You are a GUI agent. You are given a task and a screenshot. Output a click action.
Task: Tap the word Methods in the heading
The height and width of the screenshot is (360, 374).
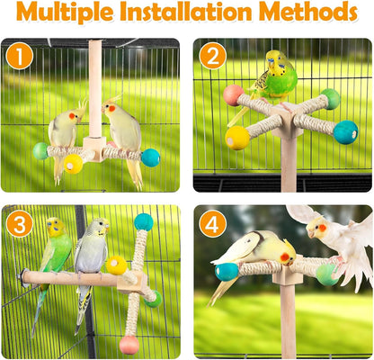click(308, 14)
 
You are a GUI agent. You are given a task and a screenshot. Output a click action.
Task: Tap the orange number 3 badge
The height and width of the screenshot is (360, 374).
click(21, 222)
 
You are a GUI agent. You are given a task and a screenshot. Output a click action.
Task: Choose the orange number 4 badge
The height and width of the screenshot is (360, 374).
click(213, 222)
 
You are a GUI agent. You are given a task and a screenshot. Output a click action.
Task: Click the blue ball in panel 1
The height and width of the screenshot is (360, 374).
click(150, 157)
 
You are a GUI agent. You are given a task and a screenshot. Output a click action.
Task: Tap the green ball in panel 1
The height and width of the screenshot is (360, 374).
click(40, 151)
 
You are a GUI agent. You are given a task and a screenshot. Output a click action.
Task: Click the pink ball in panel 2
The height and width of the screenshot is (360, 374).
click(234, 95)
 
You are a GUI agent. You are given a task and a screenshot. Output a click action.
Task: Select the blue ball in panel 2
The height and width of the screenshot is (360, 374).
click(345, 132)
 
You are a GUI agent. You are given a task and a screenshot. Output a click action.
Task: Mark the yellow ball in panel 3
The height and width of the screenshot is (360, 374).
click(117, 265)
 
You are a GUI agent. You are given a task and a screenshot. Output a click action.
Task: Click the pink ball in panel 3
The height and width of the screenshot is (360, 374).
click(129, 344)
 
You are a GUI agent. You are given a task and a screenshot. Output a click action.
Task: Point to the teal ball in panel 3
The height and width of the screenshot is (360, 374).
click(144, 221)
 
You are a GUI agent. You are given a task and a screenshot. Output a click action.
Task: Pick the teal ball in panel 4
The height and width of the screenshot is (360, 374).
click(227, 271)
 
